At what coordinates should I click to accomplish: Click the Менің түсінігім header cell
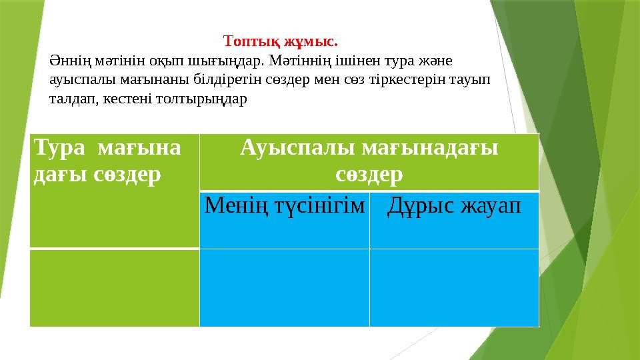coord(285,206)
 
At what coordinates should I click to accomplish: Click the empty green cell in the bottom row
coord(115,287)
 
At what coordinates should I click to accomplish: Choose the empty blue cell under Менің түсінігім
coord(285,287)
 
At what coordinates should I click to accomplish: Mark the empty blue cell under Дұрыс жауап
coord(454,287)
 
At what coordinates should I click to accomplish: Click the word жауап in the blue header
coord(488,206)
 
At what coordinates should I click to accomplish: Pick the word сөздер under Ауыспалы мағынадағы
coord(369,175)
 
